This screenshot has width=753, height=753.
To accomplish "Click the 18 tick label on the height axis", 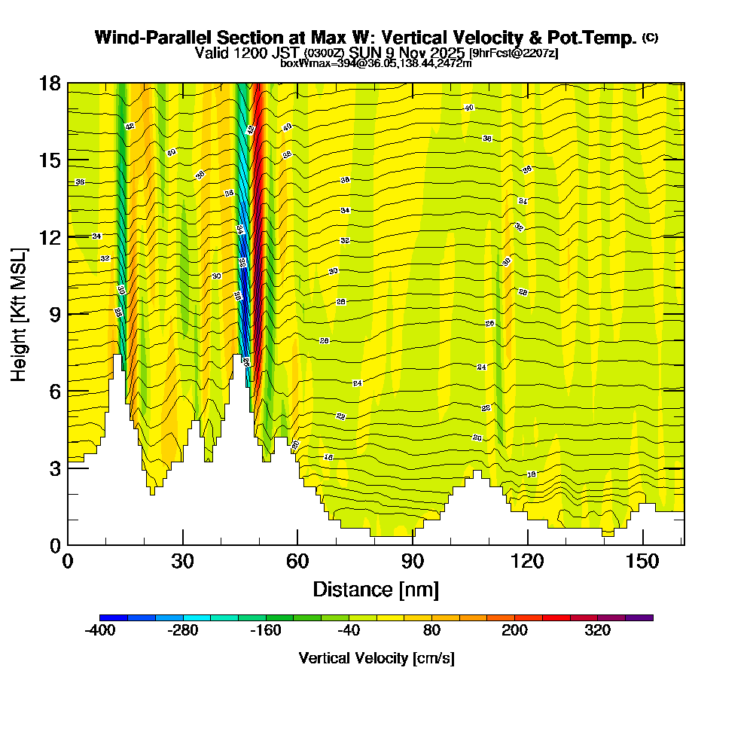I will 49,84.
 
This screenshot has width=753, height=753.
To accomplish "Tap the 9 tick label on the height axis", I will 54,314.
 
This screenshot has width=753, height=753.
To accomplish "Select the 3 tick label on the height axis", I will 54,468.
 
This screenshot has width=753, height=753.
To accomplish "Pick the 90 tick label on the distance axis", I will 413,561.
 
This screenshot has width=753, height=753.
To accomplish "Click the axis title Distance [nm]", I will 376,588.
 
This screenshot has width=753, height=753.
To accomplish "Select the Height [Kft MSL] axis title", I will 20,313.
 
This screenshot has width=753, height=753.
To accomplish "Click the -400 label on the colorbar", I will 99,630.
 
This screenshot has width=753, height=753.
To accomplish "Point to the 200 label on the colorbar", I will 514,630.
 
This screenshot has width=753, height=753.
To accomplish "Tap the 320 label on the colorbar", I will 597,630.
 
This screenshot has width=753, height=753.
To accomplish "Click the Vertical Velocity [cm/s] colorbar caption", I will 376,658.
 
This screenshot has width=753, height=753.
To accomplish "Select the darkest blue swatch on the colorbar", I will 113,617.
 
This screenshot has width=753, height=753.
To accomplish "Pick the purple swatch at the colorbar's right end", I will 639,617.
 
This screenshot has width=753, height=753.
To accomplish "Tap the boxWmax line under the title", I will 376,64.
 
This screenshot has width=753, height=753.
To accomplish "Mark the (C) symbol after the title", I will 651,37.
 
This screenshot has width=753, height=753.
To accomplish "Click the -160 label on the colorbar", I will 265,630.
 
